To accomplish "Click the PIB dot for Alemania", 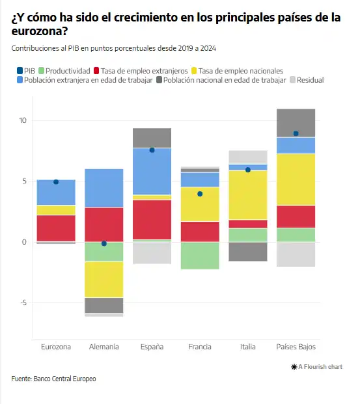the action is [104, 243].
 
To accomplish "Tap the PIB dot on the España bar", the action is [152, 150].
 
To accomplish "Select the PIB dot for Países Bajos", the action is [296, 133].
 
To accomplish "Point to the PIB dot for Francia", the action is [200, 194].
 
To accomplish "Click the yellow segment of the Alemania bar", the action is [104, 280].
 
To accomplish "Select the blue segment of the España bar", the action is [152, 171].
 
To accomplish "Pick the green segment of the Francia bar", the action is [200, 256].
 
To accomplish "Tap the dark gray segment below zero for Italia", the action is [248, 252].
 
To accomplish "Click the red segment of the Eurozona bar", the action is [56, 228].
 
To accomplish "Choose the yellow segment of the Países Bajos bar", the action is [296, 180].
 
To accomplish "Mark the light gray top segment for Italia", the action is [248, 157].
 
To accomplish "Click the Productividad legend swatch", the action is [41, 71].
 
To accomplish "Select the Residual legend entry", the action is [307, 80].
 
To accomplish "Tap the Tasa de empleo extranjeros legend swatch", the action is [96, 71].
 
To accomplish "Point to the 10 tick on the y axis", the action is [23, 120].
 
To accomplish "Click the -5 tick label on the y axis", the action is [23, 303].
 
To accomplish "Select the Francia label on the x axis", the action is [200, 347].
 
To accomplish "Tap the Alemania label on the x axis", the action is [104, 347].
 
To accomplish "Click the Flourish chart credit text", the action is [316, 367].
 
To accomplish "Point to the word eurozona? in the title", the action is [40, 31].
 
